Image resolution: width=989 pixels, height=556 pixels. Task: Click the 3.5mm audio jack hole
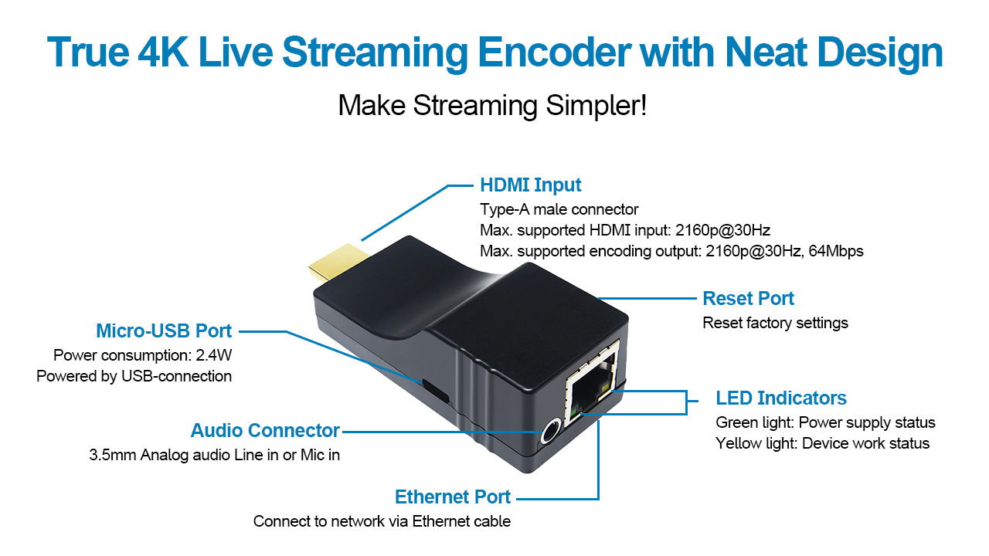[x=550, y=432]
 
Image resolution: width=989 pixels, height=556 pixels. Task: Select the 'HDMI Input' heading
[x=530, y=185]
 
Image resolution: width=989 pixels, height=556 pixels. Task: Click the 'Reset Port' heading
[x=748, y=299]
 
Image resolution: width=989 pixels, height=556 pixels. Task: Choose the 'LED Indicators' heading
[x=781, y=398]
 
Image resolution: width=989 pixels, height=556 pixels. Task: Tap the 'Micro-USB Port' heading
[x=164, y=331]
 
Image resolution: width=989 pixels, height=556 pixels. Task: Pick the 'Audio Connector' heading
[x=265, y=431]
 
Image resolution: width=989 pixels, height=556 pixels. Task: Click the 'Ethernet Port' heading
[x=453, y=497]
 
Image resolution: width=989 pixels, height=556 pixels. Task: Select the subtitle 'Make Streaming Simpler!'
[x=492, y=106]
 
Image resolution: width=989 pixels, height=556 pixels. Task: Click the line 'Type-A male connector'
[x=559, y=209]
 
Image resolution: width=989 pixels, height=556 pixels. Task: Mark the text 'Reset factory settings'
[x=775, y=323]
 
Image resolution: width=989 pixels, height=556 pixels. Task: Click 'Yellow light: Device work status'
[x=822, y=443]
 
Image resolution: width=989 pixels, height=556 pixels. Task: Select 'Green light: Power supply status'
[x=825, y=422]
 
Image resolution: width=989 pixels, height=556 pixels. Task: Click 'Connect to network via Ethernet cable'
[x=382, y=521]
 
